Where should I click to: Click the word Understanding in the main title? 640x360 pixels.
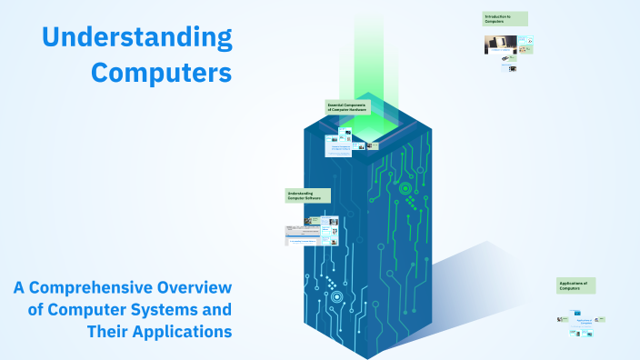137,37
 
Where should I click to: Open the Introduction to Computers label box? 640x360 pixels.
505,18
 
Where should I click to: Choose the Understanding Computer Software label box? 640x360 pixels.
308,195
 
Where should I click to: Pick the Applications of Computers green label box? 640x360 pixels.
576,285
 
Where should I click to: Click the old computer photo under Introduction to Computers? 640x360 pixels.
500,44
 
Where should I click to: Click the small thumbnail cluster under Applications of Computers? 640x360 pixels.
582,323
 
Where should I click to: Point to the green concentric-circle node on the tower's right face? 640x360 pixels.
405,189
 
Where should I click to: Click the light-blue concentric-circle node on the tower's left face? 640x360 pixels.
336,296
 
